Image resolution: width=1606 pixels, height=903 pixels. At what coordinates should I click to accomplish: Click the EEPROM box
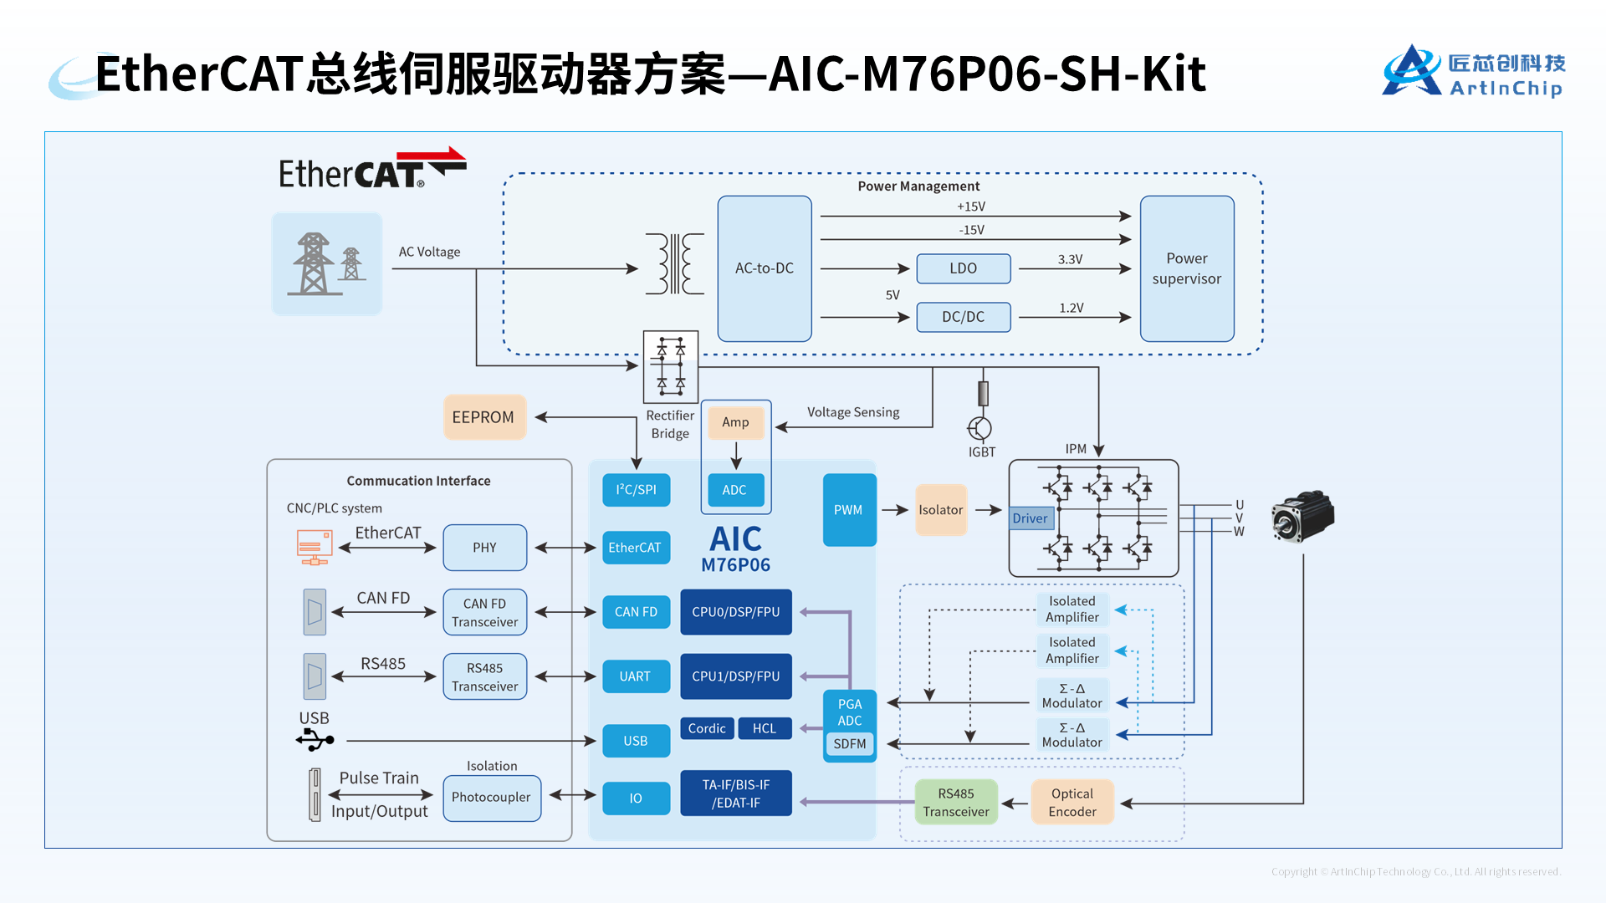pyautogui.click(x=483, y=417)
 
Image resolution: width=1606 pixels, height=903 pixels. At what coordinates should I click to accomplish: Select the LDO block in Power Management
pyautogui.click(x=963, y=268)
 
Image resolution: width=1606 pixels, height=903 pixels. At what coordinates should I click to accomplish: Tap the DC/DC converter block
pyautogui.click(x=963, y=317)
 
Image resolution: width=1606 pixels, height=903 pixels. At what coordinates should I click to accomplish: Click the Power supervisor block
pyautogui.click(x=1186, y=268)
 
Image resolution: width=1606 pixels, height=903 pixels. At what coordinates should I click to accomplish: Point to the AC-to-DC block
pyautogui.click(x=764, y=268)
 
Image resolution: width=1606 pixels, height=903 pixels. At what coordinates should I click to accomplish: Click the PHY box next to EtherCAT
pyautogui.click(x=484, y=548)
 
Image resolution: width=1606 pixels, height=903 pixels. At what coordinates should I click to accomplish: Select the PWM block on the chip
pyautogui.click(x=848, y=510)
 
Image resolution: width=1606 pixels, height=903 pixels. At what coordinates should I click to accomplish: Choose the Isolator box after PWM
pyautogui.click(x=940, y=510)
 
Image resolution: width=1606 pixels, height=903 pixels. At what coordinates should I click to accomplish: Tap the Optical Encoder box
pyautogui.click(x=1072, y=803)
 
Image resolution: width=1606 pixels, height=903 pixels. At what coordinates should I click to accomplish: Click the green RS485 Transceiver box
pyautogui.click(x=955, y=803)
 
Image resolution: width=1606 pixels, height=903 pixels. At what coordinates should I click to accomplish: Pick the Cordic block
pyautogui.click(x=707, y=728)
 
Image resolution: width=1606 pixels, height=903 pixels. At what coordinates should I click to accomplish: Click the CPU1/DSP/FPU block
pyautogui.click(x=735, y=676)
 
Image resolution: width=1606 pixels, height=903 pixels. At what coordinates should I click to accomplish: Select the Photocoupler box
pyautogui.click(x=491, y=798)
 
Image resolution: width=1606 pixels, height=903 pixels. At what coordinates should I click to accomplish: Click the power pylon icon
pyautogui.click(x=326, y=264)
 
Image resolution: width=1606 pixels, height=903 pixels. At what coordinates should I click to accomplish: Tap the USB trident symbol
pyautogui.click(x=315, y=740)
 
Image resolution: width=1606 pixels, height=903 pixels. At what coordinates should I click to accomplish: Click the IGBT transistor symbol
pyautogui.click(x=979, y=428)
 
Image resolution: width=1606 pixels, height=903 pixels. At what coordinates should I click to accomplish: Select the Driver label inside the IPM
pyautogui.click(x=1030, y=518)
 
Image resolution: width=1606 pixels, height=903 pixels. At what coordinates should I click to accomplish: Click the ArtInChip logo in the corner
pyautogui.click(x=1473, y=73)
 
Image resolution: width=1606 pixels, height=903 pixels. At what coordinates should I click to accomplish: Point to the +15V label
pyautogui.click(x=971, y=207)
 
